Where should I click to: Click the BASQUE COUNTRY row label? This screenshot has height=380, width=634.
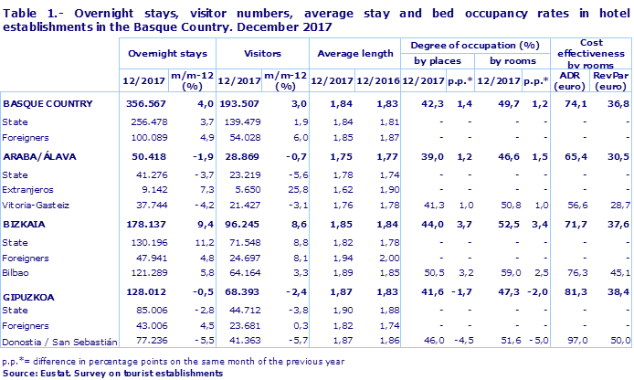click(48, 104)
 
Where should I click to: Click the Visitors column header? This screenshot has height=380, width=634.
click(259, 54)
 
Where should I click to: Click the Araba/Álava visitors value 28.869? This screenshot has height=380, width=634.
click(238, 156)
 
